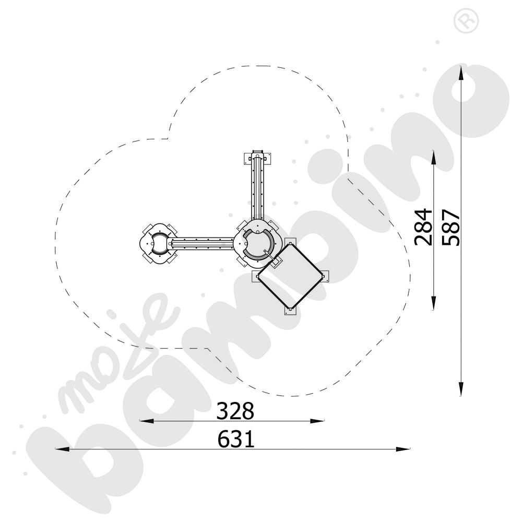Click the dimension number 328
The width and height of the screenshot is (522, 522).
coord(235,411)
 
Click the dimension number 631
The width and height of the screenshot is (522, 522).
coord(236,439)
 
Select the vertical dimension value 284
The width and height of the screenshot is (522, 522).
coord(423,227)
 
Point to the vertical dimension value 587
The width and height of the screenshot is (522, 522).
coord(451,228)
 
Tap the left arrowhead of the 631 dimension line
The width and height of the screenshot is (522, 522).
coord(62,449)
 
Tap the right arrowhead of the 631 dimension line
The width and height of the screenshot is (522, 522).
coord(403,449)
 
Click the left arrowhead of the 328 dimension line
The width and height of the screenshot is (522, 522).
coord(147,421)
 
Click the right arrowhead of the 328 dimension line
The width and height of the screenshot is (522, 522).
coord(317,421)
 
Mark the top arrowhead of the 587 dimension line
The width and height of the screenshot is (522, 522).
coord(461,73)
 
